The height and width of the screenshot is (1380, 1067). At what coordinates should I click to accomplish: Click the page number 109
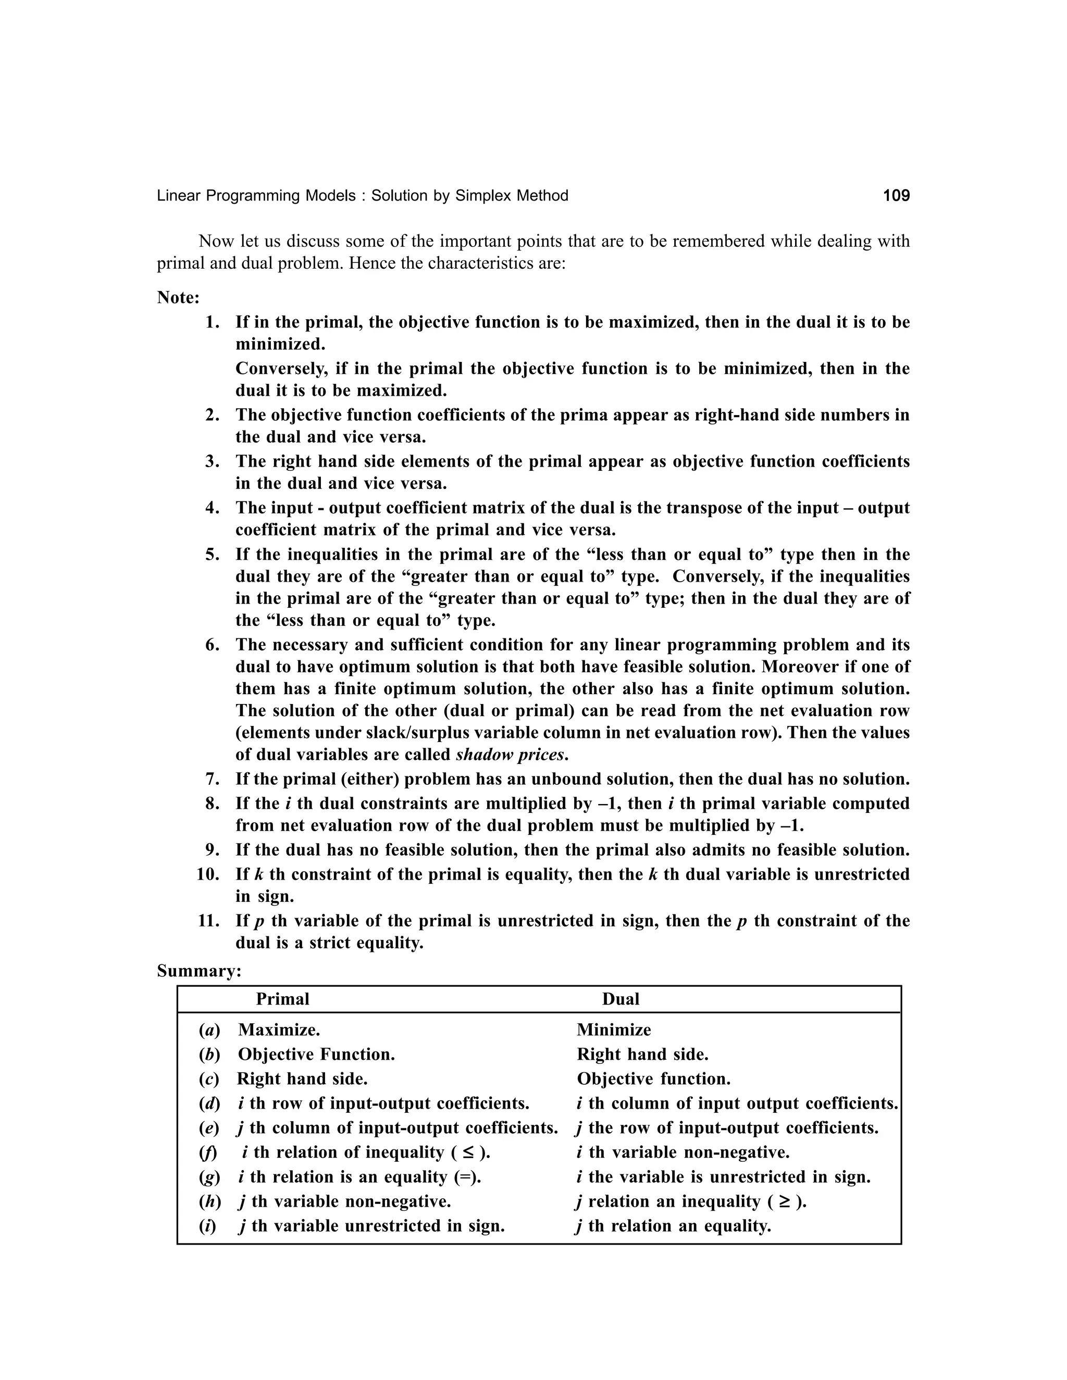[896, 196]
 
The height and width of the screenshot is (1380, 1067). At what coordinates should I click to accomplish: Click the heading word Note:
[178, 297]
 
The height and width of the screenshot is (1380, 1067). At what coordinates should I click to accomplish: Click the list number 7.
[213, 779]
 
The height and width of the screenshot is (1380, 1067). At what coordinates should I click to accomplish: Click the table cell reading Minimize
[613, 1030]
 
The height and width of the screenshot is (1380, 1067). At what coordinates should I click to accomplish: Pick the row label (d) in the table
[210, 1104]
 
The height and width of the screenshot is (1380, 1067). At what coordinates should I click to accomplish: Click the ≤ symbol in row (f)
[468, 1152]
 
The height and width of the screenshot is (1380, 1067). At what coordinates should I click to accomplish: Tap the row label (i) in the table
[208, 1226]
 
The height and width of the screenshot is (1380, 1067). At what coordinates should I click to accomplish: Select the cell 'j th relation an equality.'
[673, 1226]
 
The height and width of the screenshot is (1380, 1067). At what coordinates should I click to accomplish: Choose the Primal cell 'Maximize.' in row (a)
[279, 1030]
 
